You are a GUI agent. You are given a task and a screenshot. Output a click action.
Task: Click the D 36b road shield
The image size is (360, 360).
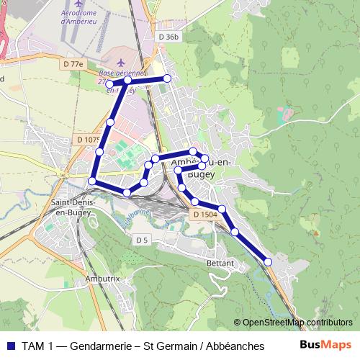166,37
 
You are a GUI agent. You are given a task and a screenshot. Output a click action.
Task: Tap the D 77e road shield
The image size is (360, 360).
73,65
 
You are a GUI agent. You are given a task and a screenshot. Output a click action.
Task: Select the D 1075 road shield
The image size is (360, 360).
88,140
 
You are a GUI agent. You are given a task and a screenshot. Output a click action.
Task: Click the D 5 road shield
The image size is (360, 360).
141,240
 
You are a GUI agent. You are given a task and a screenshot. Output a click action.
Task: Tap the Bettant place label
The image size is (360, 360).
220,264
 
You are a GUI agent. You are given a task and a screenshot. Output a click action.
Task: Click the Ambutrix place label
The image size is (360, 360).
99,277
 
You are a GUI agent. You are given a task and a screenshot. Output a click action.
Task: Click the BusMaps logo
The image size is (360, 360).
325,346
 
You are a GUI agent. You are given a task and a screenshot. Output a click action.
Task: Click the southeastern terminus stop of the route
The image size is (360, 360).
269,262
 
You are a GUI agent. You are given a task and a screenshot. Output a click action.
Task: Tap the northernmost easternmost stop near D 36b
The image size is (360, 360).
167,78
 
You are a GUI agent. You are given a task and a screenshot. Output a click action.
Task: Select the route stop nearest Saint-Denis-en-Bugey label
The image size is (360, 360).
92,181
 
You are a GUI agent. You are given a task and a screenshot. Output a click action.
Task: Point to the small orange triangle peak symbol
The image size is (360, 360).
315,233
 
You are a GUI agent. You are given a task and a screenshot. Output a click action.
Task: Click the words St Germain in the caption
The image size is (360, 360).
168,346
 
